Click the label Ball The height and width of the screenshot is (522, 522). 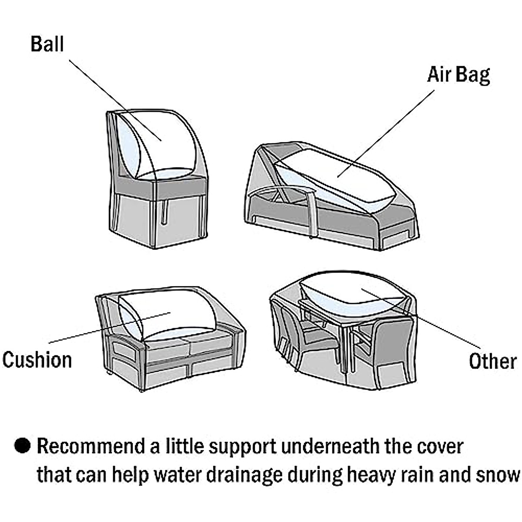(47, 44)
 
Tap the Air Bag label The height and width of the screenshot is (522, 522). (458, 75)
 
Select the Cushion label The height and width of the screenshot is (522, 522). (37, 360)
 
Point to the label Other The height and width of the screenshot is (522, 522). (492, 361)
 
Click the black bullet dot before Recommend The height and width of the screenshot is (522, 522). (22, 446)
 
